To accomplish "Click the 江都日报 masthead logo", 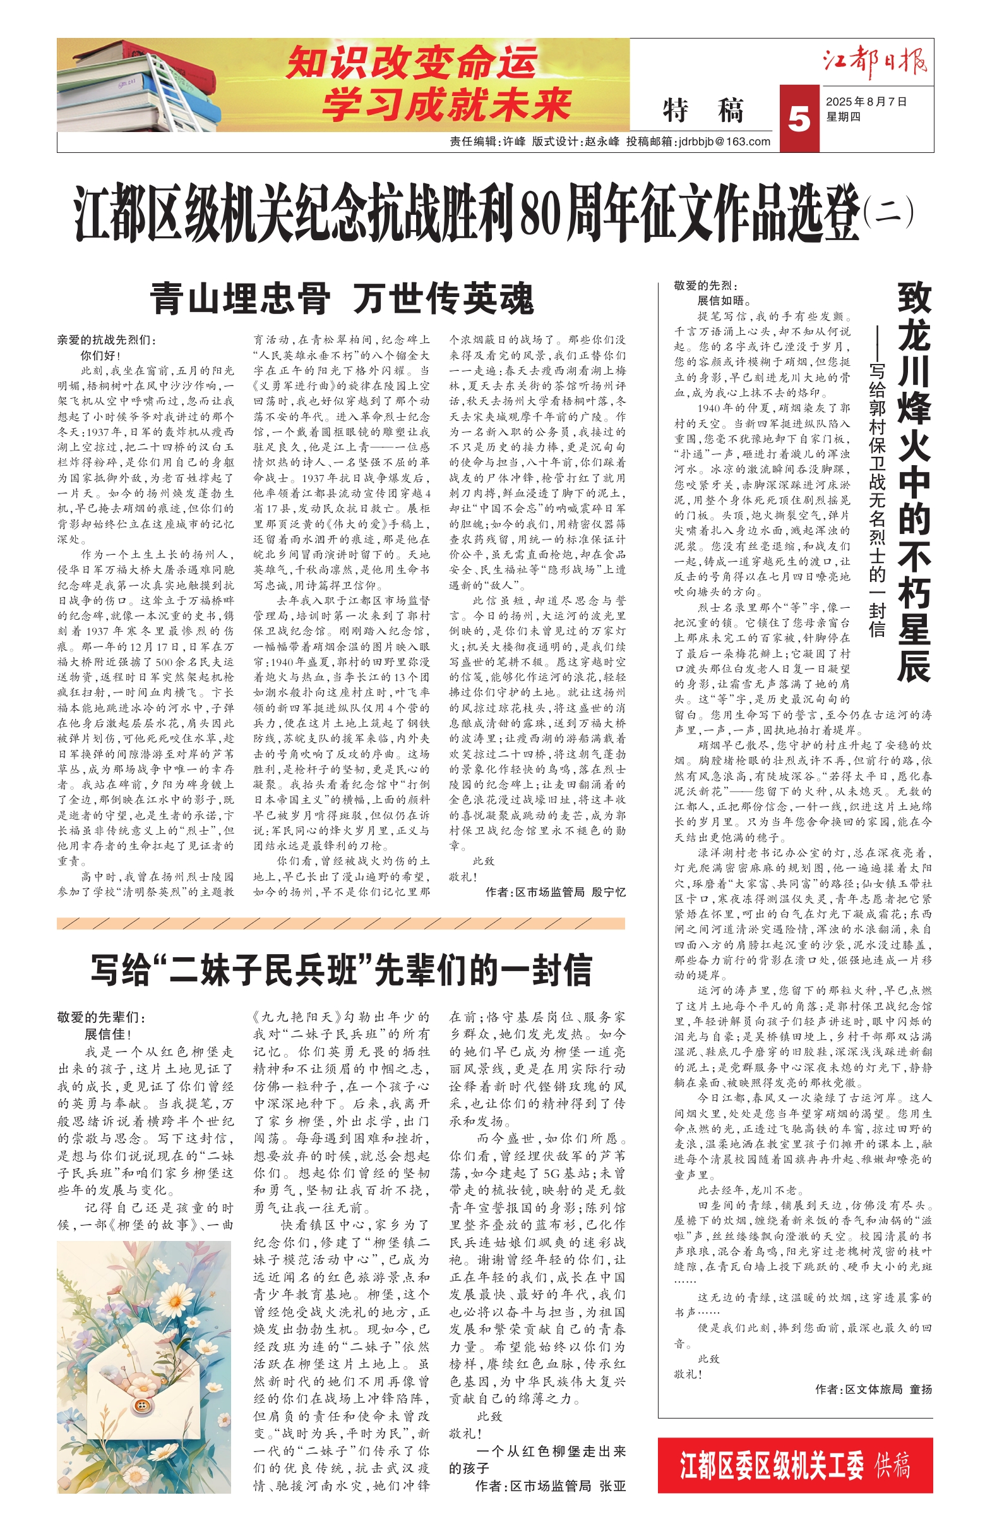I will [875, 62].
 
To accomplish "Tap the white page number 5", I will [799, 119].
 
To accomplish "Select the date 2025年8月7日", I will [866, 102].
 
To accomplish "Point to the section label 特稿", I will [703, 110].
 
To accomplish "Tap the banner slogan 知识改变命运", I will [411, 63].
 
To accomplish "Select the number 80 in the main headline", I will [541, 212].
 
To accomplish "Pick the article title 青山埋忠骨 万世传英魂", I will [342, 299].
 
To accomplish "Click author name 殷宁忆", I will [608, 892].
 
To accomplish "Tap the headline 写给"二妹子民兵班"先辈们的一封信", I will [341, 970].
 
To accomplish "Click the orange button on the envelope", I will [143, 1405].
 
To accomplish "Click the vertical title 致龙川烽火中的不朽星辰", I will [914, 480].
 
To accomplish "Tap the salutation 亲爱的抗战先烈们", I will [106, 341].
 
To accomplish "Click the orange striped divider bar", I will [341, 923].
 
